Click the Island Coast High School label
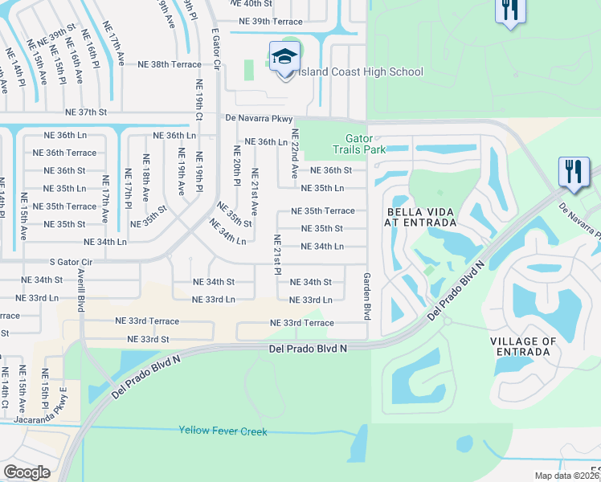point(361,72)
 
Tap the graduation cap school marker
point(284,58)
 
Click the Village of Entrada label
point(523,346)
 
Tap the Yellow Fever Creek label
point(223,431)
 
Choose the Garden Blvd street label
point(366,296)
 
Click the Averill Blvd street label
point(81,290)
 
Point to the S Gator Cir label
point(72,262)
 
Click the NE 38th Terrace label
point(169,64)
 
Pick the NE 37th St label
point(86,112)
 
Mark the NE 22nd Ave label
point(295,153)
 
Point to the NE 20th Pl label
point(237,165)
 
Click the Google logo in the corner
point(26,472)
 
